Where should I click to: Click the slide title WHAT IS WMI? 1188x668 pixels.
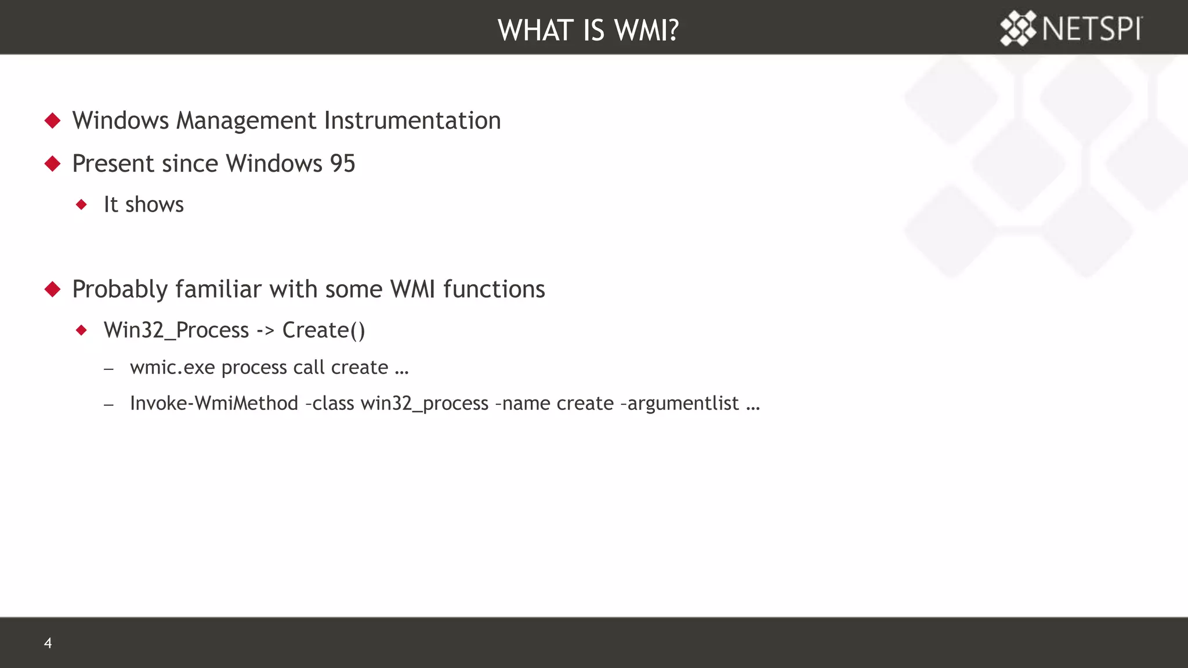[x=588, y=30]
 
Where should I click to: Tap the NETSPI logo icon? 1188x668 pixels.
[x=1017, y=28]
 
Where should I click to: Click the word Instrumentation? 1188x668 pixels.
[x=412, y=121]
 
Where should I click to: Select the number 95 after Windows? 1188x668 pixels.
[x=342, y=164]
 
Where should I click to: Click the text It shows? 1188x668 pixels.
[x=143, y=205]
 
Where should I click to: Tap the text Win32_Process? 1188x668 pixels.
[x=176, y=330]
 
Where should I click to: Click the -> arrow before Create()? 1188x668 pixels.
[x=265, y=331]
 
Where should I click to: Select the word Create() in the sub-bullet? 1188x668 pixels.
[x=324, y=330]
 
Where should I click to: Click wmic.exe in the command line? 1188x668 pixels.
[x=172, y=368]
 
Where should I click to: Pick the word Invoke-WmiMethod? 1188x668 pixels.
[x=213, y=403]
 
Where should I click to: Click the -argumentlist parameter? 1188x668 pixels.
[x=680, y=403]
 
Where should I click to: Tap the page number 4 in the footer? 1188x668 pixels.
[x=48, y=642]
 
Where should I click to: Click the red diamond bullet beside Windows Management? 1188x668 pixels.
[x=53, y=121]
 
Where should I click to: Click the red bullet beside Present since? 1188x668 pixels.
[x=53, y=164]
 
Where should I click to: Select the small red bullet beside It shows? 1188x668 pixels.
[x=81, y=205]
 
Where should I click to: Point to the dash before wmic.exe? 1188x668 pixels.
[x=108, y=368]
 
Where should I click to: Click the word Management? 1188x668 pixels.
[x=246, y=121]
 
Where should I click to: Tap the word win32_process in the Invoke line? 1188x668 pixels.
[x=424, y=403]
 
